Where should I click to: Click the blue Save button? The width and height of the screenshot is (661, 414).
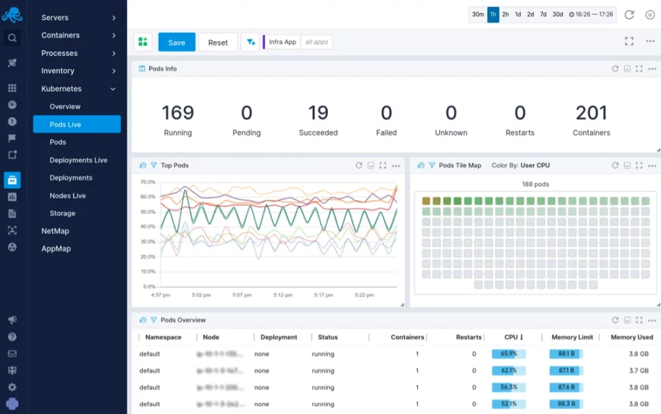[x=176, y=42]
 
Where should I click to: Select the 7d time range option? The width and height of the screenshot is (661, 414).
[x=543, y=14]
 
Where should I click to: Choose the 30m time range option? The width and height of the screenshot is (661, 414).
[x=478, y=14]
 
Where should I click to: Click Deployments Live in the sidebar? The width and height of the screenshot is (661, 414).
[x=79, y=160]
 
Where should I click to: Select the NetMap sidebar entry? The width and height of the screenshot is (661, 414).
[x=55, y=231]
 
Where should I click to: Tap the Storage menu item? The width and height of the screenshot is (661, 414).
[x=62, y=213]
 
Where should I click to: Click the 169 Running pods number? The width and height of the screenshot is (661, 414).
[x=178, y=113]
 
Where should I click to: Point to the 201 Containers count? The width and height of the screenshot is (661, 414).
[x=591, y=113]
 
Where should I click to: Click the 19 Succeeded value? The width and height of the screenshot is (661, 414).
[x=318, y=113]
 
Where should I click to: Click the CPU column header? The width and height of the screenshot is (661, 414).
[x=513, y=337]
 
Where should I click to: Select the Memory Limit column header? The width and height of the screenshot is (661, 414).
[x=572, y=337]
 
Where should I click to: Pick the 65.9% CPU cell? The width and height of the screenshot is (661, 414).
[x=508, y=354]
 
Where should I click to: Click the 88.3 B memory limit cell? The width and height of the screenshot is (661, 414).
[x=566, y=404]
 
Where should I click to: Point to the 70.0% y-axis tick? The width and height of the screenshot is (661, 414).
[x=147, y=182]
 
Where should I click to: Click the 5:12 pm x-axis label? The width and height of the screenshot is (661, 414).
[x=282, y=295]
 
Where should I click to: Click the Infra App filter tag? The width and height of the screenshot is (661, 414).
[x=282, y=42]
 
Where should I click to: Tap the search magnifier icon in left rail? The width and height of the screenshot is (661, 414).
[x=12, y=38]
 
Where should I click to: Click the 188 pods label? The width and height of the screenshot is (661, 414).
[x=535, y=185]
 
